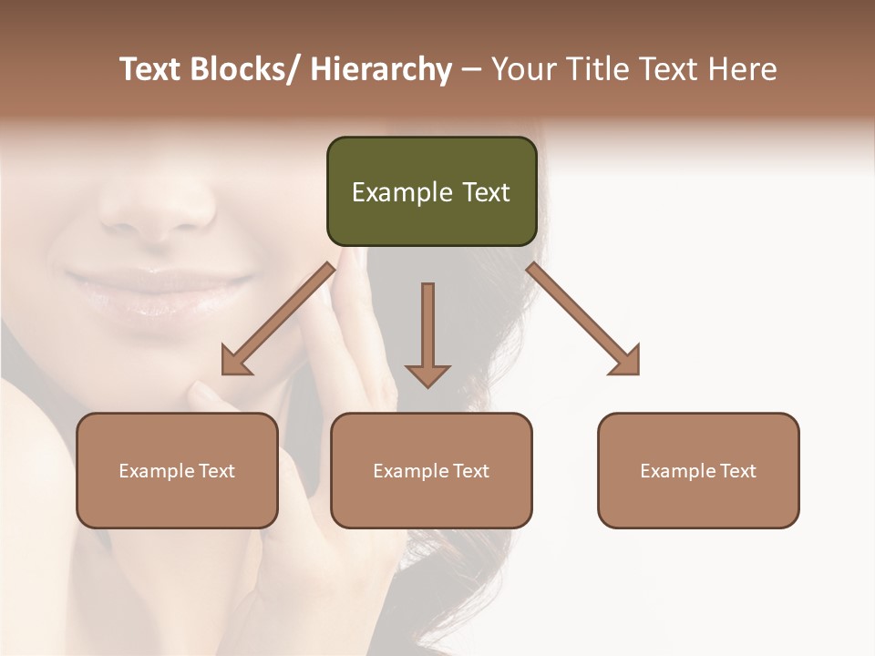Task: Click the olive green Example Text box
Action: [x=431, y=191]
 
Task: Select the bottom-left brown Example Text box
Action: [x=177, y=470]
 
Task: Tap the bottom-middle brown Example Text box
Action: [x=431, y=470]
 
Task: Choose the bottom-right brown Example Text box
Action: [x=698, y=470]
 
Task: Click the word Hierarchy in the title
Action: [x=381, y=70]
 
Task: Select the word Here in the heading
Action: [x=744, y=70]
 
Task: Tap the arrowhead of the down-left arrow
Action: [x=235, y=362]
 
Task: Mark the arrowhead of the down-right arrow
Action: [x=626, y=361]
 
